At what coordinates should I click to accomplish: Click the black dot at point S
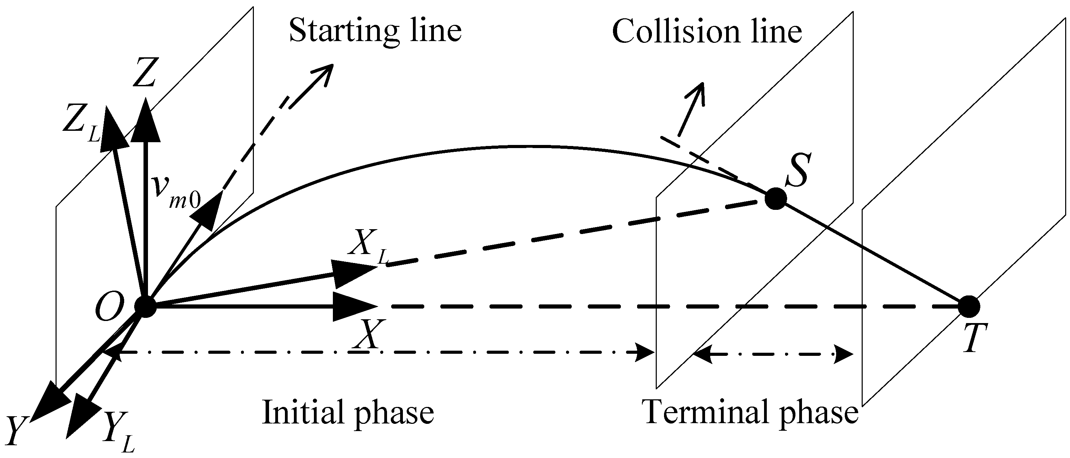[x=775, y=199]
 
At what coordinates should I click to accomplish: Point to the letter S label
[x=797, y=170]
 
